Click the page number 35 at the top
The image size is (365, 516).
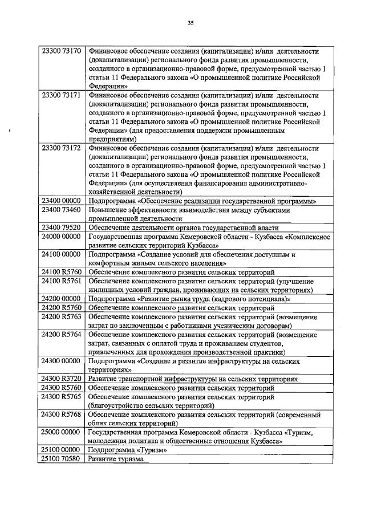coord(191,23)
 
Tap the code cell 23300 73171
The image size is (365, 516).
coord(62,95)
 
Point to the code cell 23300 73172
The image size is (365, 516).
coord(62,148)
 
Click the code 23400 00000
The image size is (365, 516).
coord(62,201)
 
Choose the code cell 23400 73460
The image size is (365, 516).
coord(62,210)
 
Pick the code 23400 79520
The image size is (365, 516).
coord(62,227)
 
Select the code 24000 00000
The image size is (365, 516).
coord(62,236)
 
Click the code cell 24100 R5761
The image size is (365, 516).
coord(62,281)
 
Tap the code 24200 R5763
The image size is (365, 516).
coord(62,316)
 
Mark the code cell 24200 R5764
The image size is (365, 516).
coord(62,334)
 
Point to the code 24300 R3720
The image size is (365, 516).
coord(62,378)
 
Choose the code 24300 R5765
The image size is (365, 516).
coord(62,396)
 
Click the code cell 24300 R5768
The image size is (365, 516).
coord(62,413)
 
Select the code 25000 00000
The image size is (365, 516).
coord(62,432)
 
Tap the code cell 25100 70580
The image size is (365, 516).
coord(62,458)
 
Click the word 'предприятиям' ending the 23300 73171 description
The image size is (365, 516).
coord(113,139)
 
